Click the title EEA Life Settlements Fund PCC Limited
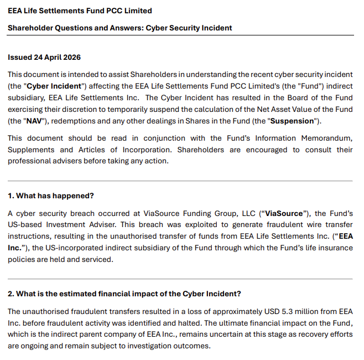pos(80,11)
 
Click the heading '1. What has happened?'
pos(51,196)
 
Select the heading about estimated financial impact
pos(124,293)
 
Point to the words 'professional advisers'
pos(43,161)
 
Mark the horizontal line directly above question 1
pos(182,181)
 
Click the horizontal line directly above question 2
pos(182,279)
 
